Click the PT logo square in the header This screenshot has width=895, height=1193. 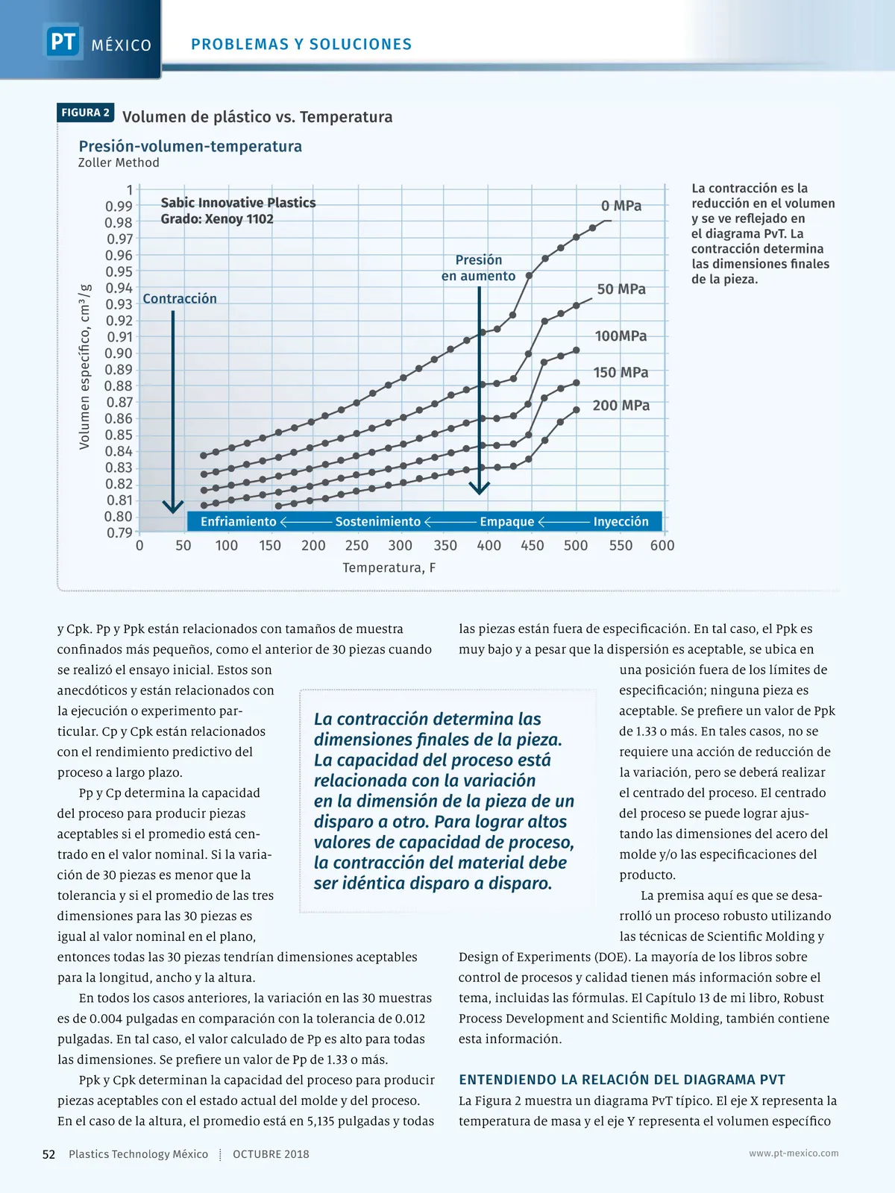pyautogui.click(x=63, y=41)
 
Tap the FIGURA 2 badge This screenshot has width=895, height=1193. pyautogui.click(x=86, y=113)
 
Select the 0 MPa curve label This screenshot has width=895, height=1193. pyautogui.click(x=621, y=206)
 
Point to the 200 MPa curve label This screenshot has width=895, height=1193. pyautogui.click(x=621, y=406)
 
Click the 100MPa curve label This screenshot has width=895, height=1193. pyautogui.click(x=621, y=336)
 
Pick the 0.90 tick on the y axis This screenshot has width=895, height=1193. pyautogui.click(x=119, y=353)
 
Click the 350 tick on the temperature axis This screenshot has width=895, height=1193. pyautogui.click(x=445, y=545)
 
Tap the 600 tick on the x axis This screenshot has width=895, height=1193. pyautogui.click(x=662, y=545)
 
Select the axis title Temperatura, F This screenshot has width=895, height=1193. pyautogui.click(x=389, y=568)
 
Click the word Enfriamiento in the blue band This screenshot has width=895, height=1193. pyautogui.click(x=238, y=522)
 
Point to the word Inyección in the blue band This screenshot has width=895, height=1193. pyautogui.click(x=621, y=522)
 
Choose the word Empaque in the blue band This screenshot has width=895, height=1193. pyautogui.click(x=507, y=522)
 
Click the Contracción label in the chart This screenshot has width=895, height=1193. pyautogui.click(x=180, y=299)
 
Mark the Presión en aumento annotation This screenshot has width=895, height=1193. pyautogui.click(x=478, y=268)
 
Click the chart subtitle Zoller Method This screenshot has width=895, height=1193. pyautogui.click(x=119, y=163)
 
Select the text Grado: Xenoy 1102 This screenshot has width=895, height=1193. pyautogui.click(x=217, y=219)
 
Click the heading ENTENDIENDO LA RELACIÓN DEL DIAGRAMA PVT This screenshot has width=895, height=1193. pyautogui.click(x=622, y=1080)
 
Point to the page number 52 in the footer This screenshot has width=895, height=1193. pyautogui.click(x=49, y=1154)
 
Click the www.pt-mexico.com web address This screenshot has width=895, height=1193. pyautogui.click(x=794, y=1153)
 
